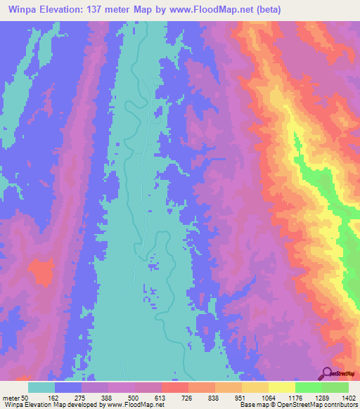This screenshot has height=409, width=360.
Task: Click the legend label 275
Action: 81,398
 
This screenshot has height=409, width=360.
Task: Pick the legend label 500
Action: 134,398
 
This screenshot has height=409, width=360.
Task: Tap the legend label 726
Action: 188,398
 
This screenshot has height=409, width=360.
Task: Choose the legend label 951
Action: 241,398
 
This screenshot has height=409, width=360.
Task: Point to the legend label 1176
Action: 293,398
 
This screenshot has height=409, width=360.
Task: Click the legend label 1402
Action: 347,398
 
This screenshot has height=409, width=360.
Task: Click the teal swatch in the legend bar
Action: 41,387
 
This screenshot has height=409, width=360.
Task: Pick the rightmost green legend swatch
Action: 335,387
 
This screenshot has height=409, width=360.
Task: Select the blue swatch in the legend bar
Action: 68,387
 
